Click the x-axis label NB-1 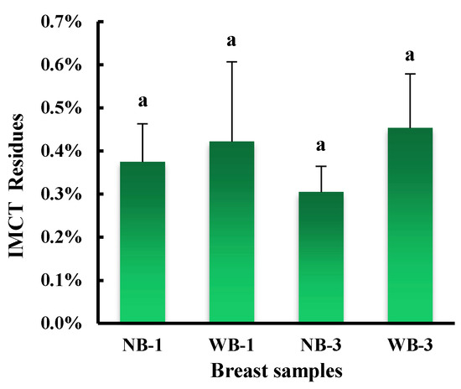[x=142, y=345]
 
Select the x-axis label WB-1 [x=231, y=345]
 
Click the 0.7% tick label [x=61, y=21]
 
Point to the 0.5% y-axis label [x=61, y=108]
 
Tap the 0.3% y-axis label [x=61, y=194]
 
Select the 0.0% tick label [x=61, y=324]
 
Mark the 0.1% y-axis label [x=61, y=281]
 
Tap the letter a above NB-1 [x=142, y=101]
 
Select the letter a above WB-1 [x=231, y=39]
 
